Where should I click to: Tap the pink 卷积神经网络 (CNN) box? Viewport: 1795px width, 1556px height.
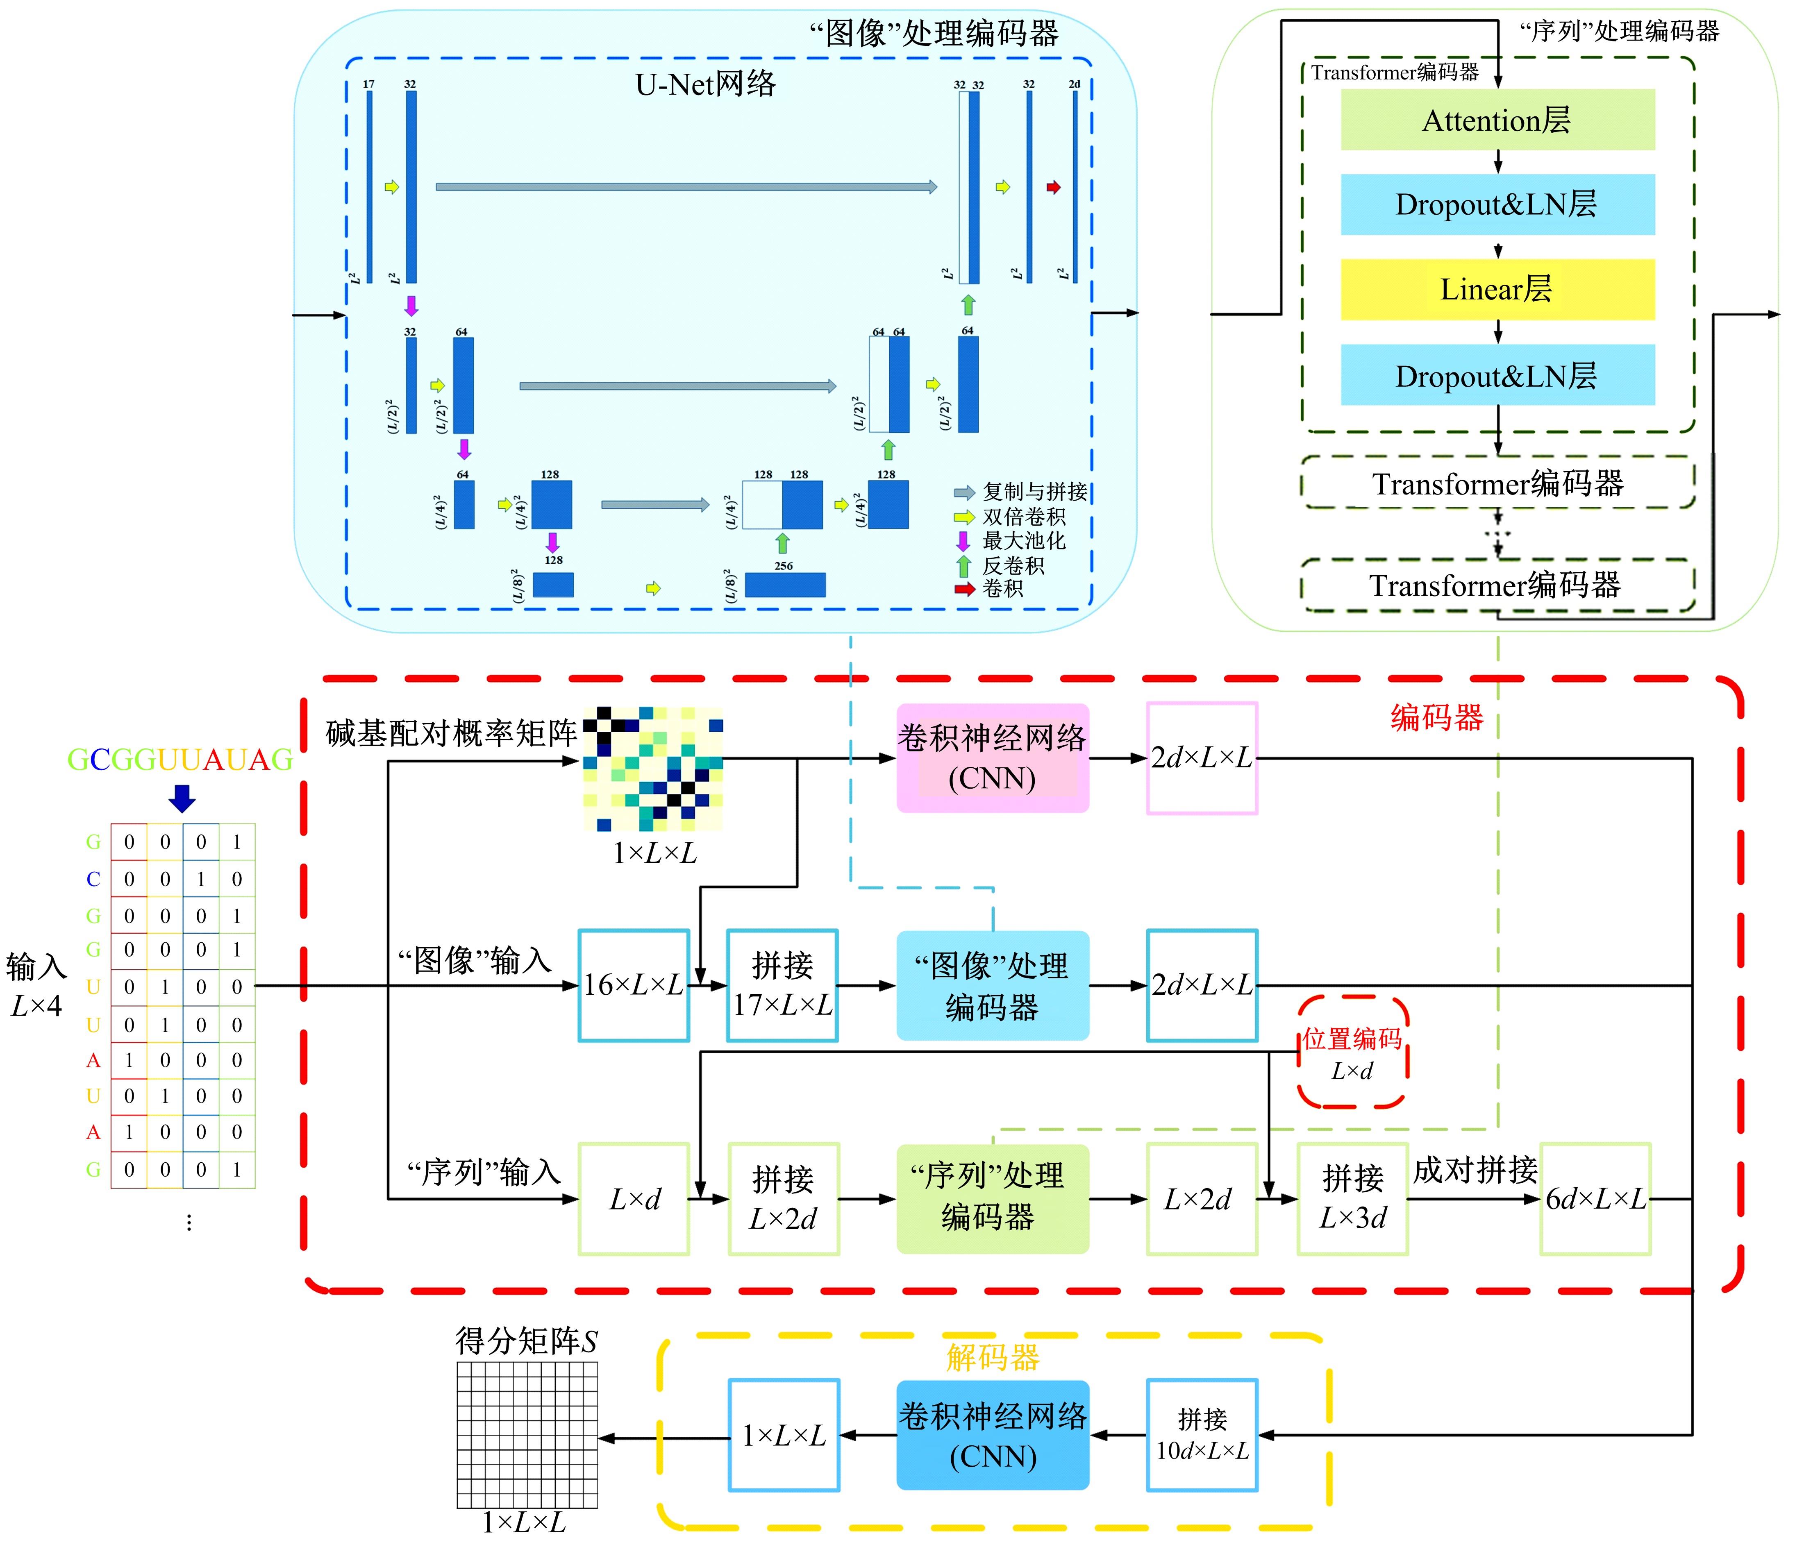click(x=992, y=758)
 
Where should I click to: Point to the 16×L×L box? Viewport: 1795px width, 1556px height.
click(x=634, y=986)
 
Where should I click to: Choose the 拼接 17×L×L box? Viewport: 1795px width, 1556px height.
click(x=782, y=986)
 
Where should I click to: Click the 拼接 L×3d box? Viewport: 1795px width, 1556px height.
click(x=1352, y=1199)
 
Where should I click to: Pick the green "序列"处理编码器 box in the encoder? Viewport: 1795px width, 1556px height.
click(x=992, y=1199)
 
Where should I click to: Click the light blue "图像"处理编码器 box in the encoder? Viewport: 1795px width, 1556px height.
click(x=992, y=986)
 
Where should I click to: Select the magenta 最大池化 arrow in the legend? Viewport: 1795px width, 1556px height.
click(x=963, y=541)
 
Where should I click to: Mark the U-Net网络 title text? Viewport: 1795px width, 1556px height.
click(x=705, y=84)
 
